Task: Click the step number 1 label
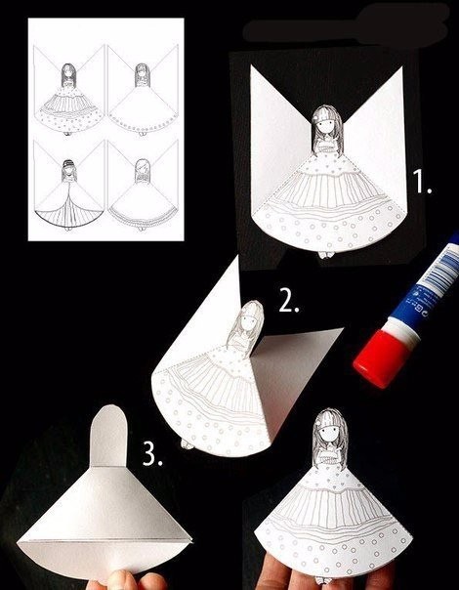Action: (422, 182)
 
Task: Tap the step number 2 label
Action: (289, 301)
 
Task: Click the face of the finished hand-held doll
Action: (331, 431)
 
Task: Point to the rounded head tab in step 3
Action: (108, 436)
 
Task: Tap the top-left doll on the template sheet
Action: (68, 99)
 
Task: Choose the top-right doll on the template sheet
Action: (143, 99)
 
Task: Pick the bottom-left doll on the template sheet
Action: (68, 194)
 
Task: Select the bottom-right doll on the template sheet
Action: (143, 194)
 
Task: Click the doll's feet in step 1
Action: (326, 255)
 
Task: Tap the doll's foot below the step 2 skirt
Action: (188, 444)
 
